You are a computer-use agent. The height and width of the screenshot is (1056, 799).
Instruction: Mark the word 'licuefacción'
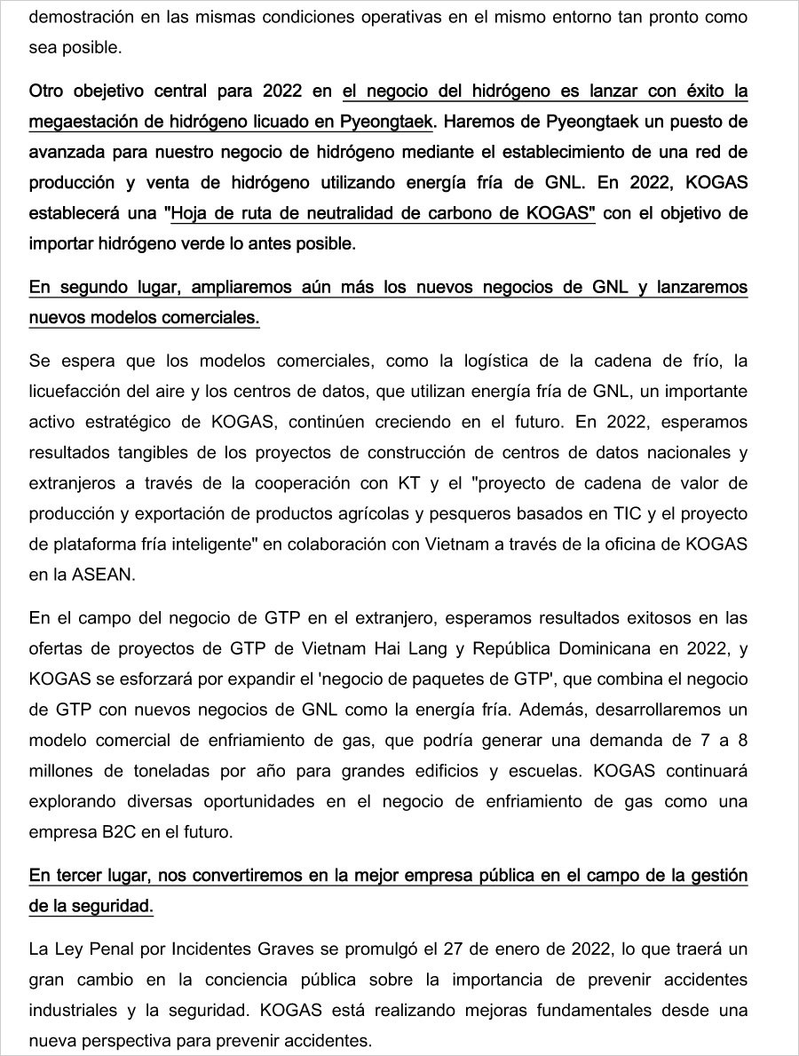pos(71,391)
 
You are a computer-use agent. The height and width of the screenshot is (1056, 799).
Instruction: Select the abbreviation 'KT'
pos(400,483)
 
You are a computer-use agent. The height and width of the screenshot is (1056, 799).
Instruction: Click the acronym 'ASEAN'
pos(107,575)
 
